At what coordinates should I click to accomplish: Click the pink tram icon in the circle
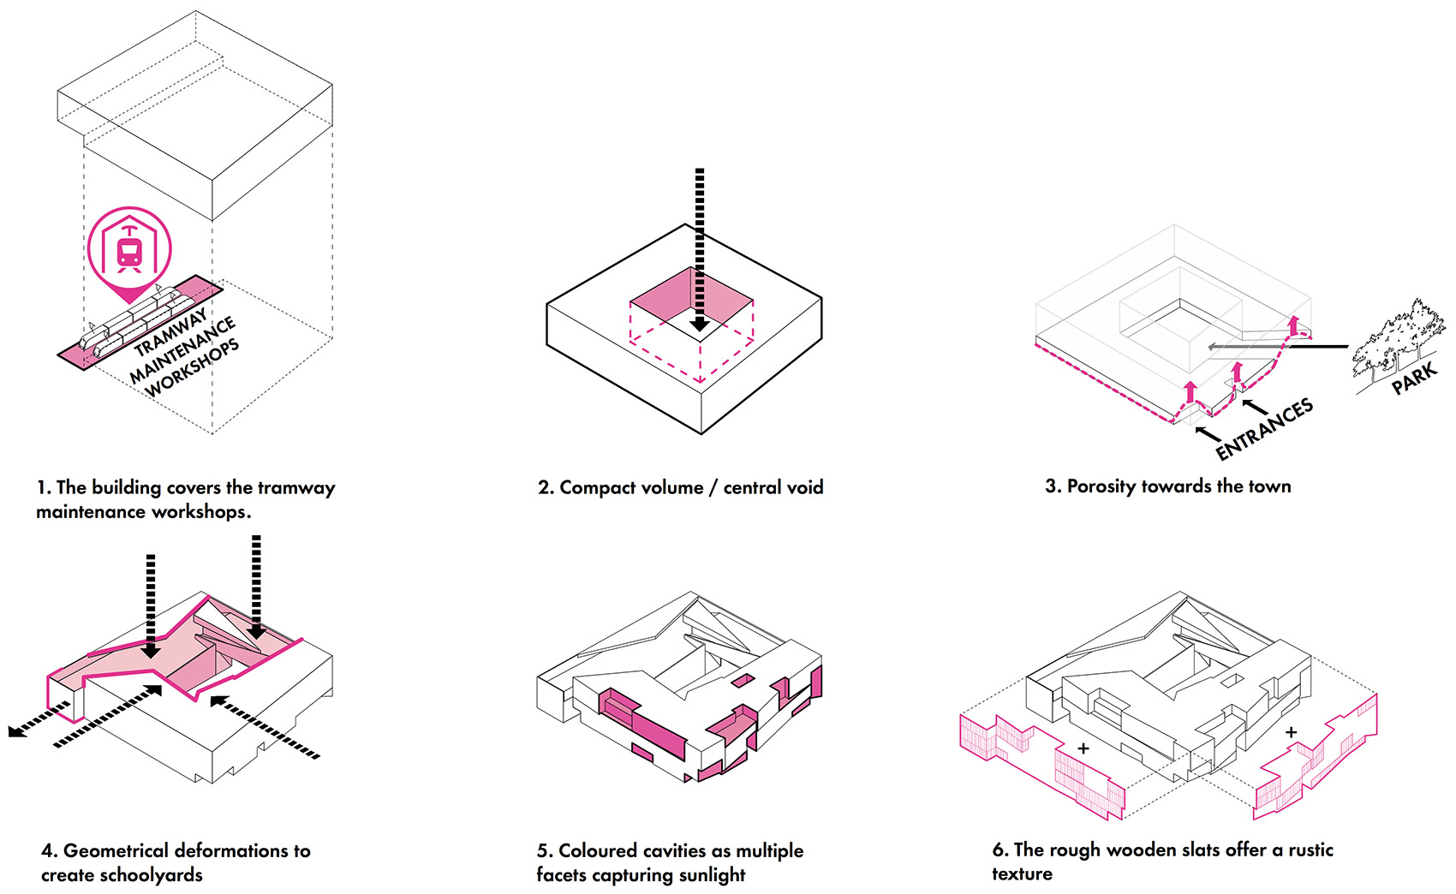pos(129,250)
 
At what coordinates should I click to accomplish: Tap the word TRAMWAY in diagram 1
pos(170,333)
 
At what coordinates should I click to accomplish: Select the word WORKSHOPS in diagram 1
pos(192,370)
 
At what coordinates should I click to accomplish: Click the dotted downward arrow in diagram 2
pos(700,248)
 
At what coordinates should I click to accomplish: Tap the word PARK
pos(1414,378)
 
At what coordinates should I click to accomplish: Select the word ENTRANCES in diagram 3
pos(1264,428)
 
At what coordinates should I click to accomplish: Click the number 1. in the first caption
pos(44,488)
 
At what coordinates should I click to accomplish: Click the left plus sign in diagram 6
pos(1083,748)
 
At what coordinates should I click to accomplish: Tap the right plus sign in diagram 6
pos(1291,732)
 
